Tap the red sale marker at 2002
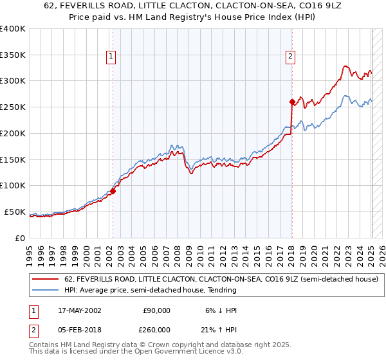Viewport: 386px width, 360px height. [x=113, y=190]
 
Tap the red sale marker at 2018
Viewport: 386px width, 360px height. [x=291, y=101]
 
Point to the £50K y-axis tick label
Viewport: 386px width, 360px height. [x=15, y=212]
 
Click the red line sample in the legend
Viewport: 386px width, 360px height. [x=46, y=279]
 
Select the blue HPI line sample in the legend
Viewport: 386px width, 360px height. [x=46, y=290]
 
